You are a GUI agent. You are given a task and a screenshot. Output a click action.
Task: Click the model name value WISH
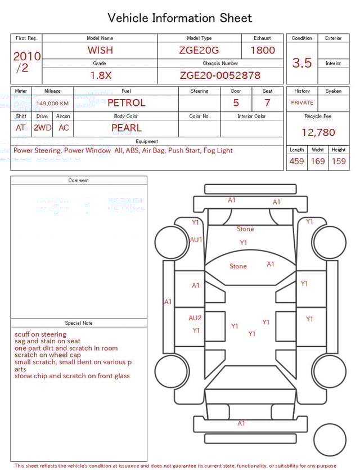tap(100, 50)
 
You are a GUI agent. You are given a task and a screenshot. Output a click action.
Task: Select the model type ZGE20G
tap(199, 50)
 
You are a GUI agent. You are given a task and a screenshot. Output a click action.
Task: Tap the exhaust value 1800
tap(262, 50)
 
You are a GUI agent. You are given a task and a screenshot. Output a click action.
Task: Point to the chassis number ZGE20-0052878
tap(220, 75)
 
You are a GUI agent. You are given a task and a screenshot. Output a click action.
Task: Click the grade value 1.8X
tap(100, 75)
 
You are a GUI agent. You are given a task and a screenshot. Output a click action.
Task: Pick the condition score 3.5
tap(302, 63)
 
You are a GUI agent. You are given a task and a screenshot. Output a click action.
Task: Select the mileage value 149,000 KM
tap(52, 104)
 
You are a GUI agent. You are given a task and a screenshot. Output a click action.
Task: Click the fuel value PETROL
tap(126, 103)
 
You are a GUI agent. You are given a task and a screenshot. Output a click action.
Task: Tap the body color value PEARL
tap(126, 128)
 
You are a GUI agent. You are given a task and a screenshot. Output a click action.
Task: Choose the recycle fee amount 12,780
tap(318, 133)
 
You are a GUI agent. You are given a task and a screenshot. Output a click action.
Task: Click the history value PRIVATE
tap(302, 103)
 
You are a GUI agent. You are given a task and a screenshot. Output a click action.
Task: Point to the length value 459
tap(296, 162)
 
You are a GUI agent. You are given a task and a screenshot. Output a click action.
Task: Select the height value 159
tap(339, 162)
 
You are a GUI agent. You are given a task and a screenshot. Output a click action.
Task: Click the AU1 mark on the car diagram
tap(196, 239)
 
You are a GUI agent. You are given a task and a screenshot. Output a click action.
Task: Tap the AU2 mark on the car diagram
tap(195, 317)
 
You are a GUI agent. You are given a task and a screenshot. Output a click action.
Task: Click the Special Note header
tap(79, 323)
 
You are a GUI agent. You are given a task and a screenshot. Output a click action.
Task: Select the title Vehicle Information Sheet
tap(180, 18)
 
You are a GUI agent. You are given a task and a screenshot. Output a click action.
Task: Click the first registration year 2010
tap(27, 57)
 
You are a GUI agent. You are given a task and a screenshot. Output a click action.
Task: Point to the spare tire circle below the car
tap(329, 439)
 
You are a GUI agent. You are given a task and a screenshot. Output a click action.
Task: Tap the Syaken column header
tap(333, 91)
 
